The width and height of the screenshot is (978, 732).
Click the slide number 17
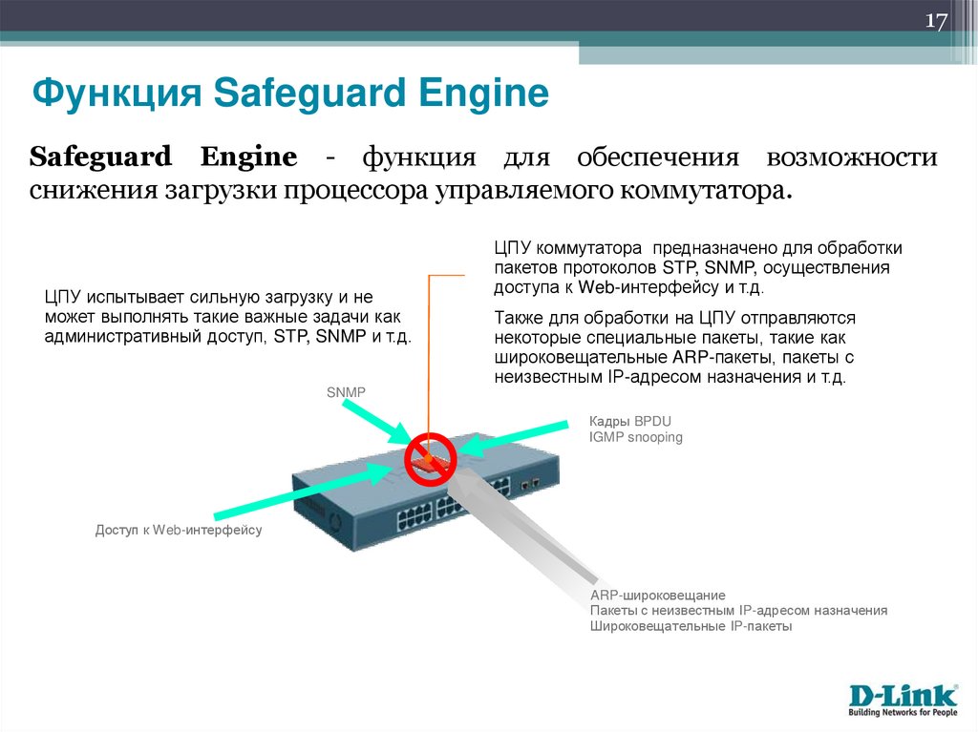pos(935,23)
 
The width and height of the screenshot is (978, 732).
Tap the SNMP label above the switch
pos(347,391)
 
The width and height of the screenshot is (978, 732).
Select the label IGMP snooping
pos(636,437)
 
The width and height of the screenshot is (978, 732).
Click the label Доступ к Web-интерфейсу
pos(178,530)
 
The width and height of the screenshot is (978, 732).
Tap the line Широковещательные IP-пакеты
pos(691,626)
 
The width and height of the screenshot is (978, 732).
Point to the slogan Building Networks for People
pos(903,711)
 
